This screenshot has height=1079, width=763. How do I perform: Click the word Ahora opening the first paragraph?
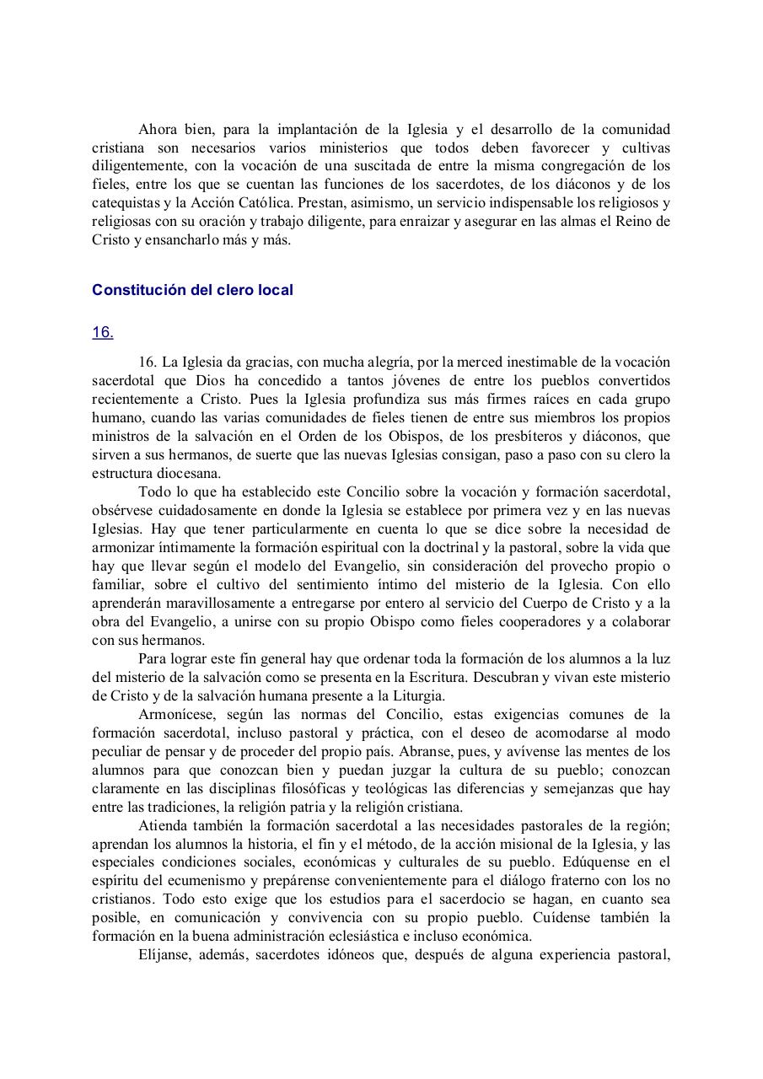point(158,129)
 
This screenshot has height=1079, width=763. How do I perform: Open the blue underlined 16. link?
point(103,332)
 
